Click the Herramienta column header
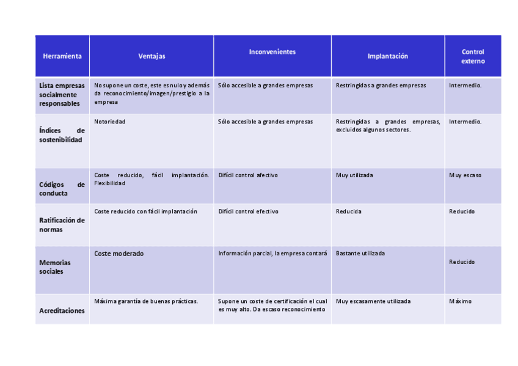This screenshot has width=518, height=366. [x=62, y=56]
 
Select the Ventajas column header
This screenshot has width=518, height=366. [x=151, y=56]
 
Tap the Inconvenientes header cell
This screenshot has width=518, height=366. [x=272, y=52]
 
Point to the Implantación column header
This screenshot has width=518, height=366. [x=387, y=56]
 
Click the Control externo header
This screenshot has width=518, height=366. [x=473, y=56]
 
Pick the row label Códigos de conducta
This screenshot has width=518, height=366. [x=62, y=189]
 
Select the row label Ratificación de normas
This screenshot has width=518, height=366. [x=62, y=225]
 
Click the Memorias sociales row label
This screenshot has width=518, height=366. [x=55, y=267]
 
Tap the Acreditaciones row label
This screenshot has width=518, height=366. [x=62, y=310]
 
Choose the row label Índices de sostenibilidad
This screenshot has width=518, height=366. [x=62, y=135]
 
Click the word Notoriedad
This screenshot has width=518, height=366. [x=109, y=122]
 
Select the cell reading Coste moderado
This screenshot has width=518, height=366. [x=119, y=254]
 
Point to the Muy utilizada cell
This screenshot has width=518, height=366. [x=354, y=175]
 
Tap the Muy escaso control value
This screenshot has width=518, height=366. [x=465, y=175]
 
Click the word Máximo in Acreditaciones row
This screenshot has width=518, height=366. [x=460, y=301]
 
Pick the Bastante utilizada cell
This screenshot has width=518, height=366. [x=360, y=254]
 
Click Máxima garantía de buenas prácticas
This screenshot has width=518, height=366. [x=146, y=301]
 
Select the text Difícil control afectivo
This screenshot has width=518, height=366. [x=248, y=175]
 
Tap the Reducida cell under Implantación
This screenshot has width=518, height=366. [x=348, y=211]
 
